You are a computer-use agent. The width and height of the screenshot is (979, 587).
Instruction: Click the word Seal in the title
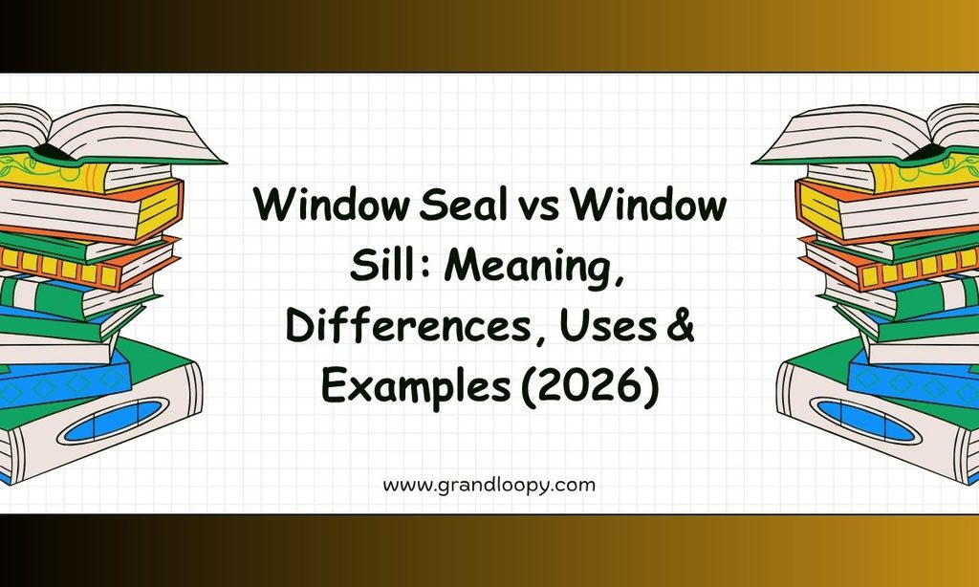coord(462,205)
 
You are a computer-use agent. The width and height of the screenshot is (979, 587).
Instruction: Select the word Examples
coord(416,387)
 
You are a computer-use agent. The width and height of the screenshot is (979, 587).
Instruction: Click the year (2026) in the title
coord(590,387)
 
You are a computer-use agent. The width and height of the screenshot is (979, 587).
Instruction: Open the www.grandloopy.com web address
coord(489,486)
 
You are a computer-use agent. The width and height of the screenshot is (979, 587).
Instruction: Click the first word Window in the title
coord(331,205)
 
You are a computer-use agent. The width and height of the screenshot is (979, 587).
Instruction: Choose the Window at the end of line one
coord(648,205)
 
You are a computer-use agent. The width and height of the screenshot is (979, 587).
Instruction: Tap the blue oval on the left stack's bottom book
coord(113,421)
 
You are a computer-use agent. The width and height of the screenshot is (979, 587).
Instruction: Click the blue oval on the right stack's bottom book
coord(866,421)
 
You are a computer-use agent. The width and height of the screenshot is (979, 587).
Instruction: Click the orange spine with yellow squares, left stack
coord(87,264)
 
